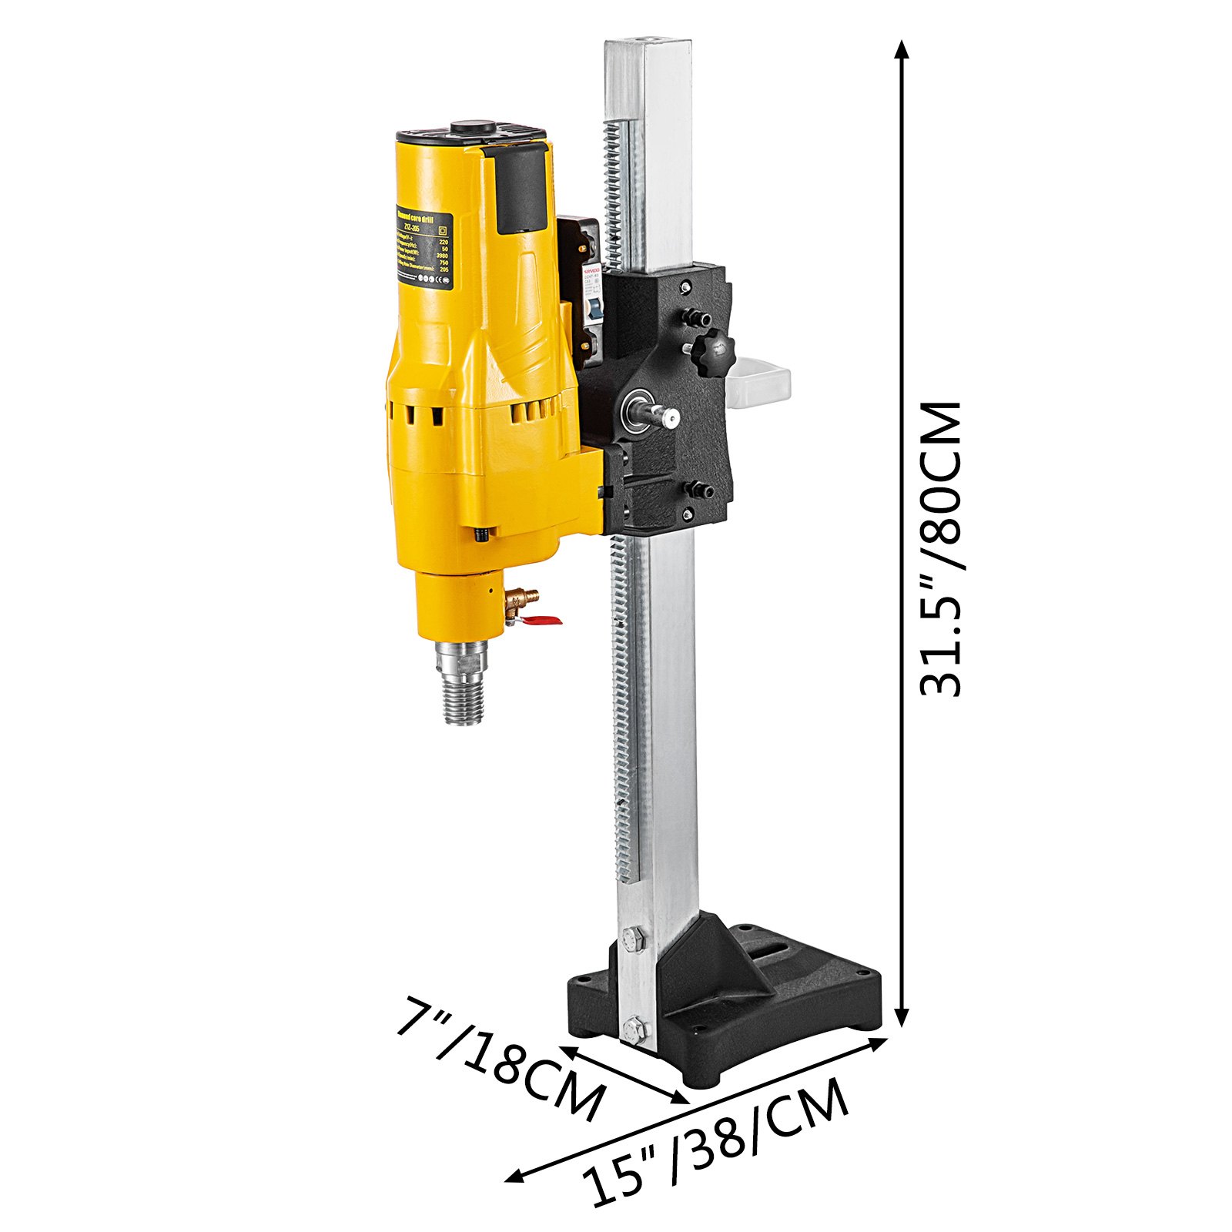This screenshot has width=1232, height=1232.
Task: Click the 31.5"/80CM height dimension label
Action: [x=941, y=549]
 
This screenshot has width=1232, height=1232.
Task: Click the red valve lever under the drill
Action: [x=544, y=619]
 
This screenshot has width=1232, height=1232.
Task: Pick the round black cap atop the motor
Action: [x=472, y=128]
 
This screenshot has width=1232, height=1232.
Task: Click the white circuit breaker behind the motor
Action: [x=587, y=308]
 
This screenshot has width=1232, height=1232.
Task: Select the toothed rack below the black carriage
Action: [x=624, y=708]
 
